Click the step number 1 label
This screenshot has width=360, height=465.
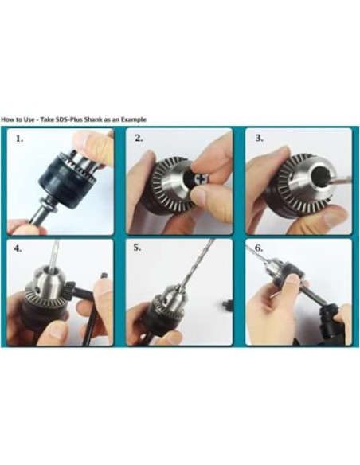click(19, 139)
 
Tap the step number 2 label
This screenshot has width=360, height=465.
click(139, 139)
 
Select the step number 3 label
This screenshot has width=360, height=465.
click(259, 139)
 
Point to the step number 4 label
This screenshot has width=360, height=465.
click(18, 248)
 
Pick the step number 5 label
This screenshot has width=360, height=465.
click(137, 248)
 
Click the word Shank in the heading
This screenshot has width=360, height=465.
click(94, 119)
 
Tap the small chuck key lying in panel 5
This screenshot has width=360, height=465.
click(227, 305)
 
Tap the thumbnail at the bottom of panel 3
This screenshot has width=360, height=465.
click(335, 218)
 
